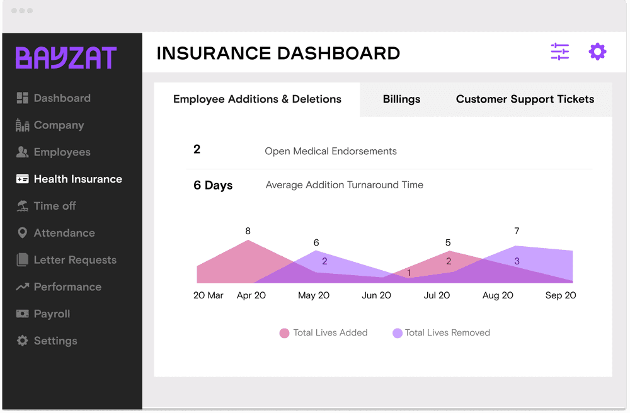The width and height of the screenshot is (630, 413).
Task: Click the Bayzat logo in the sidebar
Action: (66, 58)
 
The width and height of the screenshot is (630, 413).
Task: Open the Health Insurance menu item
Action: (77, 179)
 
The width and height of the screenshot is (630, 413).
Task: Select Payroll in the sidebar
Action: (52, 314)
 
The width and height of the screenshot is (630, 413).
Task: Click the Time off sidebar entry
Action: (55, 206)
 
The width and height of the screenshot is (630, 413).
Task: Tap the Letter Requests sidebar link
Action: (75, 260)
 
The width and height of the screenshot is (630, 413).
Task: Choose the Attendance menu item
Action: (64, 233)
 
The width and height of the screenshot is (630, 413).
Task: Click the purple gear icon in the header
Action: (597, 52)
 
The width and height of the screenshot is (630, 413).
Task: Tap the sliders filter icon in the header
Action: (559, 52)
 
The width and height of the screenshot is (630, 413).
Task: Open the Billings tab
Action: (401, 99)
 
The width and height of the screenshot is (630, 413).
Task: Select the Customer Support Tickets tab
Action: (525, 99)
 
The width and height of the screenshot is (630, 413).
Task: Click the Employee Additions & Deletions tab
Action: (257, 99)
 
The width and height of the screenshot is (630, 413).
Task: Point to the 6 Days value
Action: (213, 186)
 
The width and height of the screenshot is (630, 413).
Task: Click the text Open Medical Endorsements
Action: (331, 151)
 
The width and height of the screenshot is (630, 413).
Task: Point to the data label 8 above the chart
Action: (248, 231)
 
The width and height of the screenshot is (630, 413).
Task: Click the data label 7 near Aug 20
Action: (517, 231)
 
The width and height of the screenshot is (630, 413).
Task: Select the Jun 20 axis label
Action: (376, 295)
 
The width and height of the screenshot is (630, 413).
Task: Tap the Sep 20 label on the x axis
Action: (560, 295)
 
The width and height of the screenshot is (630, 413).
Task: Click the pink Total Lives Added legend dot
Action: (284, 333)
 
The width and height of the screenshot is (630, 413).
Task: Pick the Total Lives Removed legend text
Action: (447, 333)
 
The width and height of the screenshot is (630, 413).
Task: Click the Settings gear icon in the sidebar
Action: (23, 341)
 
